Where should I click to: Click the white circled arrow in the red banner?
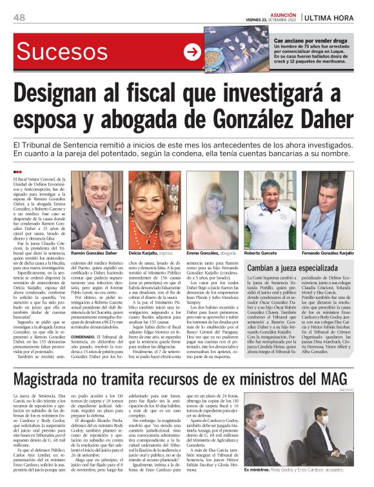(192, 52)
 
